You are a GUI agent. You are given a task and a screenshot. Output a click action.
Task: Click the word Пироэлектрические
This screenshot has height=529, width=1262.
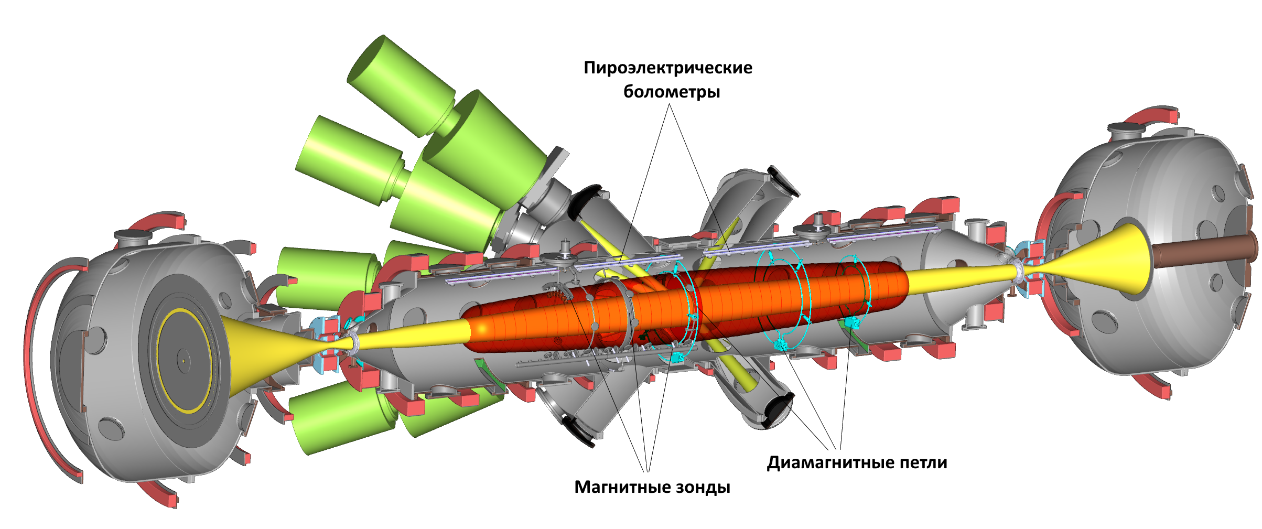pyautogui.click(x=668, y=68)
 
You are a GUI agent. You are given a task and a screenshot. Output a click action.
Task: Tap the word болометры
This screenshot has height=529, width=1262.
pyautogui.click(x=672, y=92)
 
